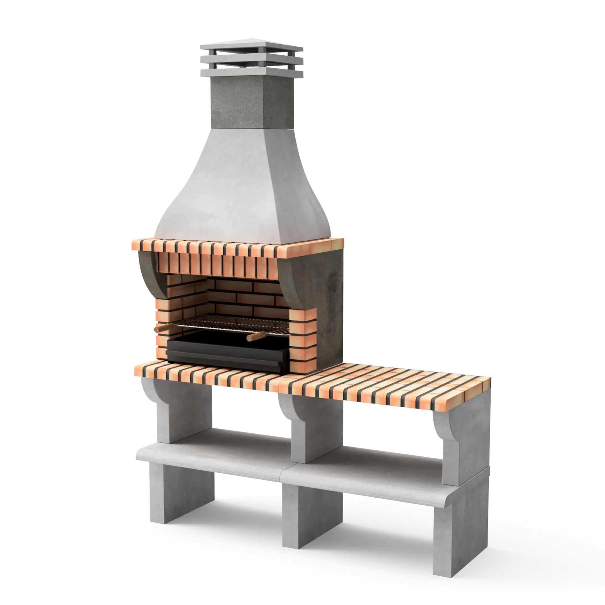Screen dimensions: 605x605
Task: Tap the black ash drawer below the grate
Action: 227,352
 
